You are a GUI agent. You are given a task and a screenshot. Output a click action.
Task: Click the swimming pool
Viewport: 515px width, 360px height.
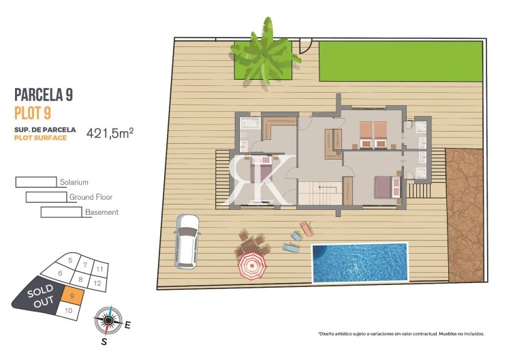(360, 262)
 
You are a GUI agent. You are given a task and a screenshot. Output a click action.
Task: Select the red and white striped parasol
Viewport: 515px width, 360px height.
(251, 267)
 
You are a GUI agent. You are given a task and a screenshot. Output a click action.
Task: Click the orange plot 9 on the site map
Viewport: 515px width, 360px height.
(73, 295)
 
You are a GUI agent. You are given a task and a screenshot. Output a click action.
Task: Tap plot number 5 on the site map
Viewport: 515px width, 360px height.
(70, 260)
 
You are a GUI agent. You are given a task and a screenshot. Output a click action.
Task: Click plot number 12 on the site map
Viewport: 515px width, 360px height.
(98, 282)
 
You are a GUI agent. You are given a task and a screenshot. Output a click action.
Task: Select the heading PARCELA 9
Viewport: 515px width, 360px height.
(44, 95)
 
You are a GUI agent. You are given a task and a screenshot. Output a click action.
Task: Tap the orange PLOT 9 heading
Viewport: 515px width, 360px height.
(35, 112)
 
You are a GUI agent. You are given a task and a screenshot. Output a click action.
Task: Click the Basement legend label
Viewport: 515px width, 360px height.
(102, 212)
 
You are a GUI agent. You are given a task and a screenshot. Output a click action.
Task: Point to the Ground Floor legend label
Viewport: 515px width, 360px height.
(91, 197)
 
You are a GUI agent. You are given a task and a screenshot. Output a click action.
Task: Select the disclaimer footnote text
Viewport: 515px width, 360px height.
(401, 334)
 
